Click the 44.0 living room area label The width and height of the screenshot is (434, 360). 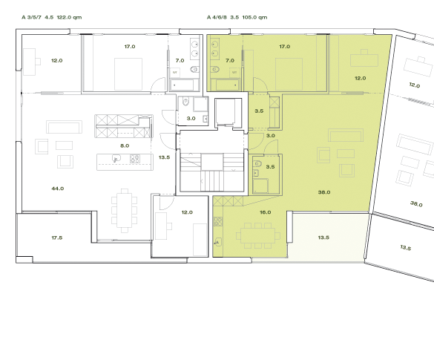57,189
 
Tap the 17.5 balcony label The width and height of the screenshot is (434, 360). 56,238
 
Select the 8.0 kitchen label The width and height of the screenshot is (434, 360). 125,146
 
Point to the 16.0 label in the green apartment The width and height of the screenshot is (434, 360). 244,212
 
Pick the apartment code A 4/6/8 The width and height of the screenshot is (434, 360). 218,16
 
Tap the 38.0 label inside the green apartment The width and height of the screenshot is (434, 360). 323,192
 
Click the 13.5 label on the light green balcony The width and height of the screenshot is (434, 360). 323,238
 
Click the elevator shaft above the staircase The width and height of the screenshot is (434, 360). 225,114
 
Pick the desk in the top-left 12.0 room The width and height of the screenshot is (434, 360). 33,59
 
